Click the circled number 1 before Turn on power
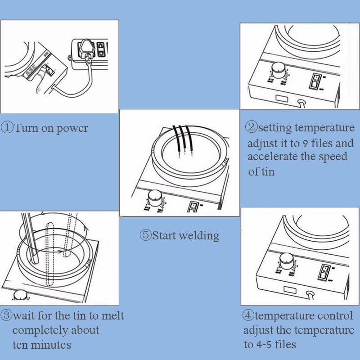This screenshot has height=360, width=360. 8,128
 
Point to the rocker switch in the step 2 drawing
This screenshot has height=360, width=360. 317,81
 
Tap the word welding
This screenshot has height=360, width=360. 200,235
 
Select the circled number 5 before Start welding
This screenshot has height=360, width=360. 145,235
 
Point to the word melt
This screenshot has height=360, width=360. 113,315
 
